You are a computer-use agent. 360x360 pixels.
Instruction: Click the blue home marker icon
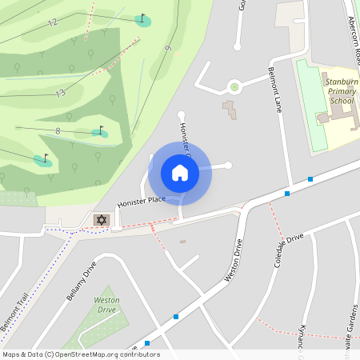(x=180, y=173)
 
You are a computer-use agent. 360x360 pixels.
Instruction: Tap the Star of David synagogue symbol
(x=101, y=219)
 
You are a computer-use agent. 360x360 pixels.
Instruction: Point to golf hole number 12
(x=53, y=23)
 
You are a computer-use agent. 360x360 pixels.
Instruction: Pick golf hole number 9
(x=168, y=50)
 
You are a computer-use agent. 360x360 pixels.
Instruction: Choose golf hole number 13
(x=60, y=94)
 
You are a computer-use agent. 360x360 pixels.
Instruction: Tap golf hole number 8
(x=58, y=130)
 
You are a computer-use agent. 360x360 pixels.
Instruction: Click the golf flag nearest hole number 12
(x=143, y=18)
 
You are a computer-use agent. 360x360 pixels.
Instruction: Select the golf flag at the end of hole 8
(x=101, y=130)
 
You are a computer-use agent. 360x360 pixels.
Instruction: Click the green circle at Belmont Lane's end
(x=234, y=86)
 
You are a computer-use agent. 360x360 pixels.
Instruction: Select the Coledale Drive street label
(x=289, y=251)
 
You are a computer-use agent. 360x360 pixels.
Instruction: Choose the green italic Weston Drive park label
(x=107, y=305)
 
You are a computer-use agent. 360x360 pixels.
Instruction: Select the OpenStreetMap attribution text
(x=81, y=354)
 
